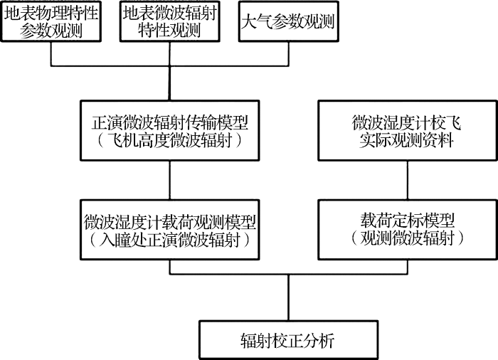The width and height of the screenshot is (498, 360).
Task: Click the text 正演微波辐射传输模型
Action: pos(170,122)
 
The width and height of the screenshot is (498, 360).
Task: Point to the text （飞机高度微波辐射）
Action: pos(170,140)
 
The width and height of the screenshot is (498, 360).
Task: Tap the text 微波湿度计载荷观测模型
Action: pos(170,222)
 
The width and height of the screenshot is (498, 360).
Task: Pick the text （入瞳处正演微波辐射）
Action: pos(170,240)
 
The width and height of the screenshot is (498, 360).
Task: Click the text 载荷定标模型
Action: pos(407,221)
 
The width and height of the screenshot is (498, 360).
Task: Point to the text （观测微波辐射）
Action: pos(407,238)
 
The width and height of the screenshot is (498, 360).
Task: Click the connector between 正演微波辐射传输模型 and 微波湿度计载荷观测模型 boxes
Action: pos(170,180)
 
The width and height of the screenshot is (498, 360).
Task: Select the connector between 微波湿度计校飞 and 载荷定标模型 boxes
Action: pos(408,180)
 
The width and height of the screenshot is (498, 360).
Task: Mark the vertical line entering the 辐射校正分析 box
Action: pos(288,297)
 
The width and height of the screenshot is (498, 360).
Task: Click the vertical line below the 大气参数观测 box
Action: pos(288,53)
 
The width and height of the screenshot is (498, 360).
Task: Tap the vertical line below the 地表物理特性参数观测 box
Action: pos(51,53)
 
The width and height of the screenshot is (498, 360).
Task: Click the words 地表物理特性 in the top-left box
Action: pos(51,14)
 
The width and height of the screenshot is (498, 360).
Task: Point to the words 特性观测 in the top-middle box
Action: pos(169,31)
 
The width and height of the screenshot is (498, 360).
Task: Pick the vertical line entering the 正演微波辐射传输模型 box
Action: pos(169,83)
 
